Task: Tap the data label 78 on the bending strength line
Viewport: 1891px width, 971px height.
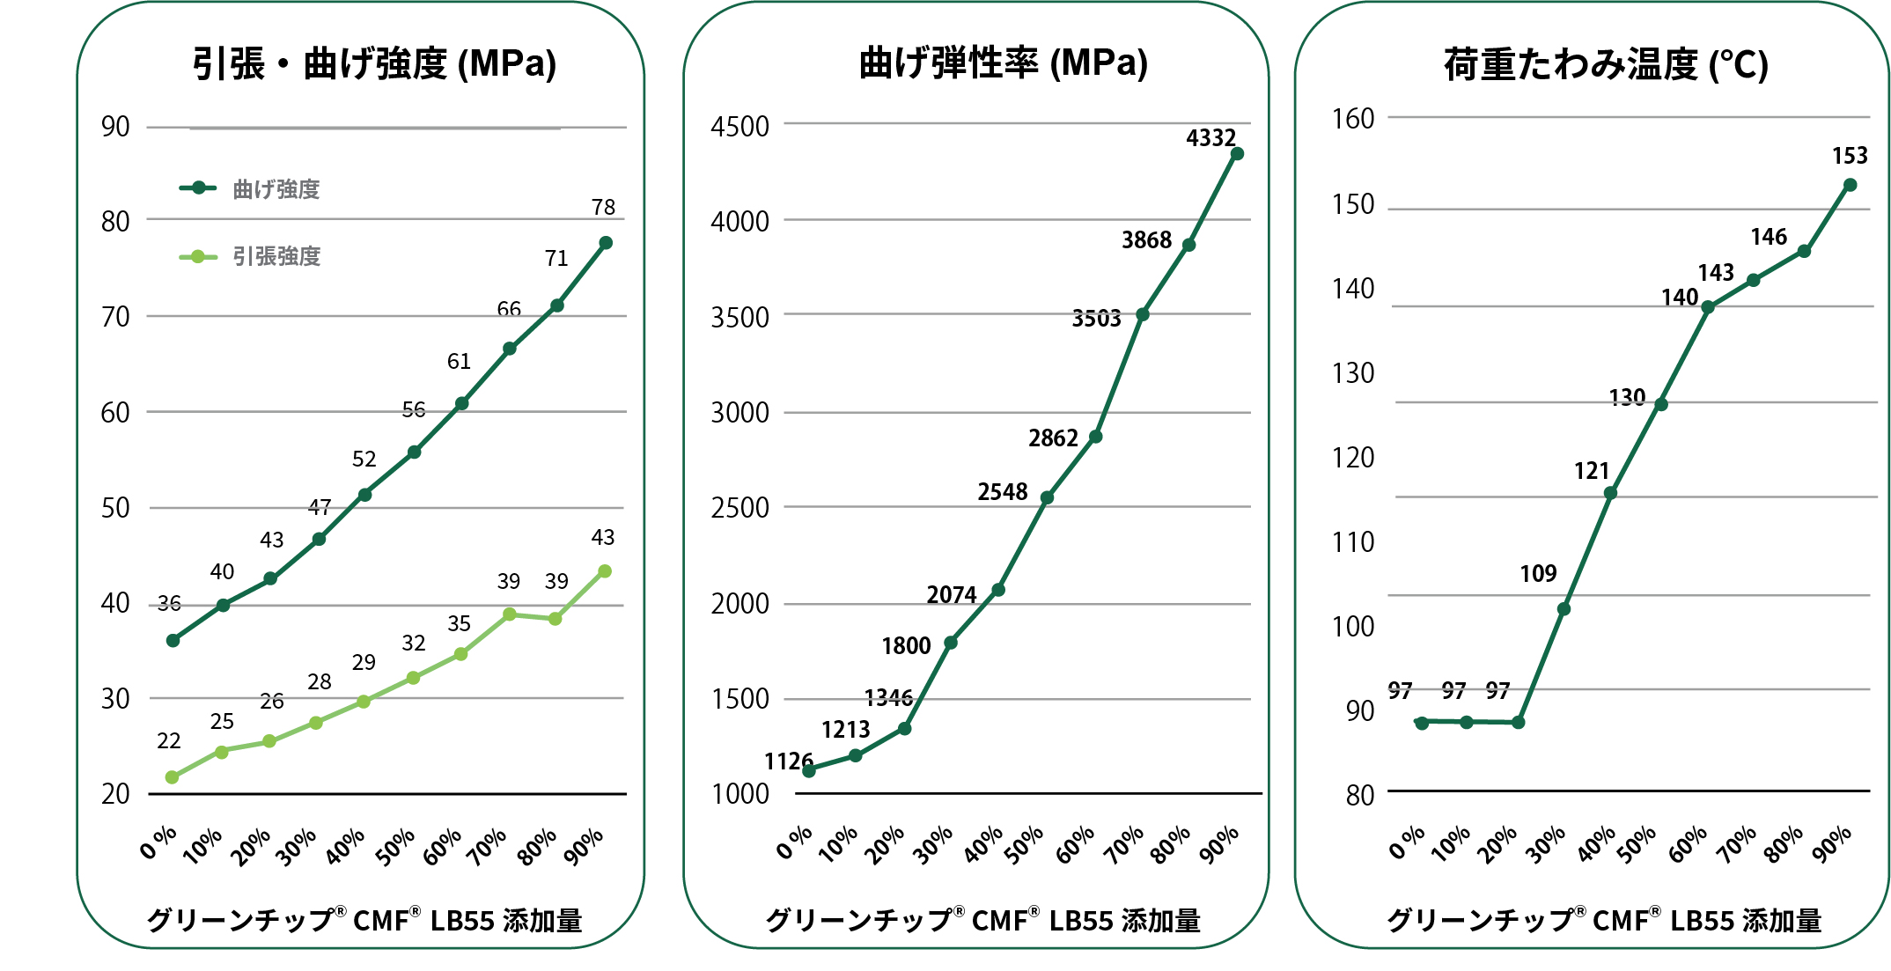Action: coord(603,207)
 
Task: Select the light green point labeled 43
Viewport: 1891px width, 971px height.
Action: coord(605,571)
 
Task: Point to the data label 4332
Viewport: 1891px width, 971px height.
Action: coord(1211,138)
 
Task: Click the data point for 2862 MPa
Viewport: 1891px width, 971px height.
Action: coord(1096,437)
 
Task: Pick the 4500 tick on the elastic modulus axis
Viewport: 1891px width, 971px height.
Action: coord(739,127)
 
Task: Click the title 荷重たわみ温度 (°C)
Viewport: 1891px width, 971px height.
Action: coord(1606,64)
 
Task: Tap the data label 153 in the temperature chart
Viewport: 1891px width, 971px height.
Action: coord(1850,156)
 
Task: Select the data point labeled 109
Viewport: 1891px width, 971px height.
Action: coord(1564,609)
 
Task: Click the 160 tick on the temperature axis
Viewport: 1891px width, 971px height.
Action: coord(1353,119)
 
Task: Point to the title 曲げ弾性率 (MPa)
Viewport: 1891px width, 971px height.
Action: coord(1004,63)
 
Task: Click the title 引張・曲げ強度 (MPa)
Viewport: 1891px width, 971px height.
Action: coord(374,63)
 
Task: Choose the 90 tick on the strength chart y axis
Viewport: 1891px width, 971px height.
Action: coord(115,127)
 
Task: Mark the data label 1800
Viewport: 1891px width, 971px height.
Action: coord(906,646)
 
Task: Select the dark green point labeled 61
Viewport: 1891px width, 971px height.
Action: coord(461,404)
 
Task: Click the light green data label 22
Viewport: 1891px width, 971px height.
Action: coord(168,741)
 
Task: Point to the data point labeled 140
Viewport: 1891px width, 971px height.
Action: coord(1708,307)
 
